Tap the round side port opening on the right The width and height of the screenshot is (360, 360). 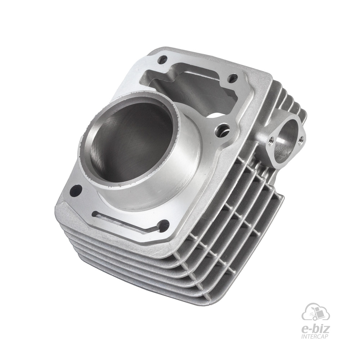pyautogui.click(x=284, y=139)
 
